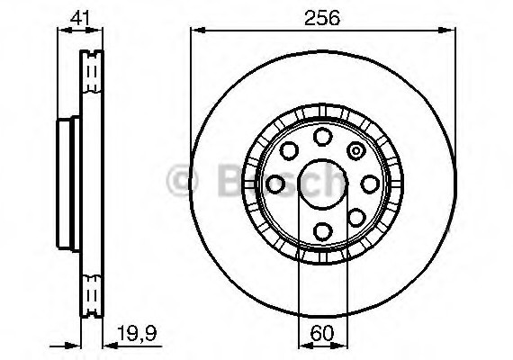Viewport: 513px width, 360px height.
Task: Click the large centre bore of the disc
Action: pyautogui.click(x=321, y=184)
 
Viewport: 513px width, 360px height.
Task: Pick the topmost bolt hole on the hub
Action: pyautogui.click(x=321, y=137)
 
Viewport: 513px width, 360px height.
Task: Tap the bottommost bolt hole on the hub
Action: pyautogui.click(x=321, y=231)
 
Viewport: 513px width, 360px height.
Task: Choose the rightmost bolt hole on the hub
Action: pyautogui.click(x=368, y=184)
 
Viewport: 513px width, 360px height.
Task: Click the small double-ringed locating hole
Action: pyautogui.click(x=355, y=151)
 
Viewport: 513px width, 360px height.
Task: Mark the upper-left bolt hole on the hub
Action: pyautogui.click(x=288, y=151)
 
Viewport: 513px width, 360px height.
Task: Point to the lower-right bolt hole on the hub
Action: pyautogui.click(x=355, y=217)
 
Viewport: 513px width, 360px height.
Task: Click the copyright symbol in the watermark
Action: pyautogui.click(x=183, y=182)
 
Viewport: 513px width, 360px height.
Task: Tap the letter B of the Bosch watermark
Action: pyautogui.click(x=232, y=182)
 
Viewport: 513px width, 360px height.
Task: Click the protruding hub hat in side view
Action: pyautogui.click(x=64, y=184)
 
